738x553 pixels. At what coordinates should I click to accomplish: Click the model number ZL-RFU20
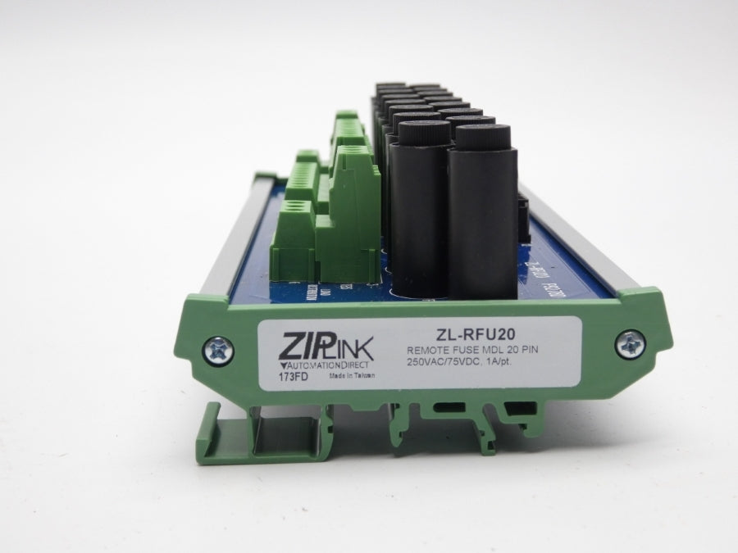465,333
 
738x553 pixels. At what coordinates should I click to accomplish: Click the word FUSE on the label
467,351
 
